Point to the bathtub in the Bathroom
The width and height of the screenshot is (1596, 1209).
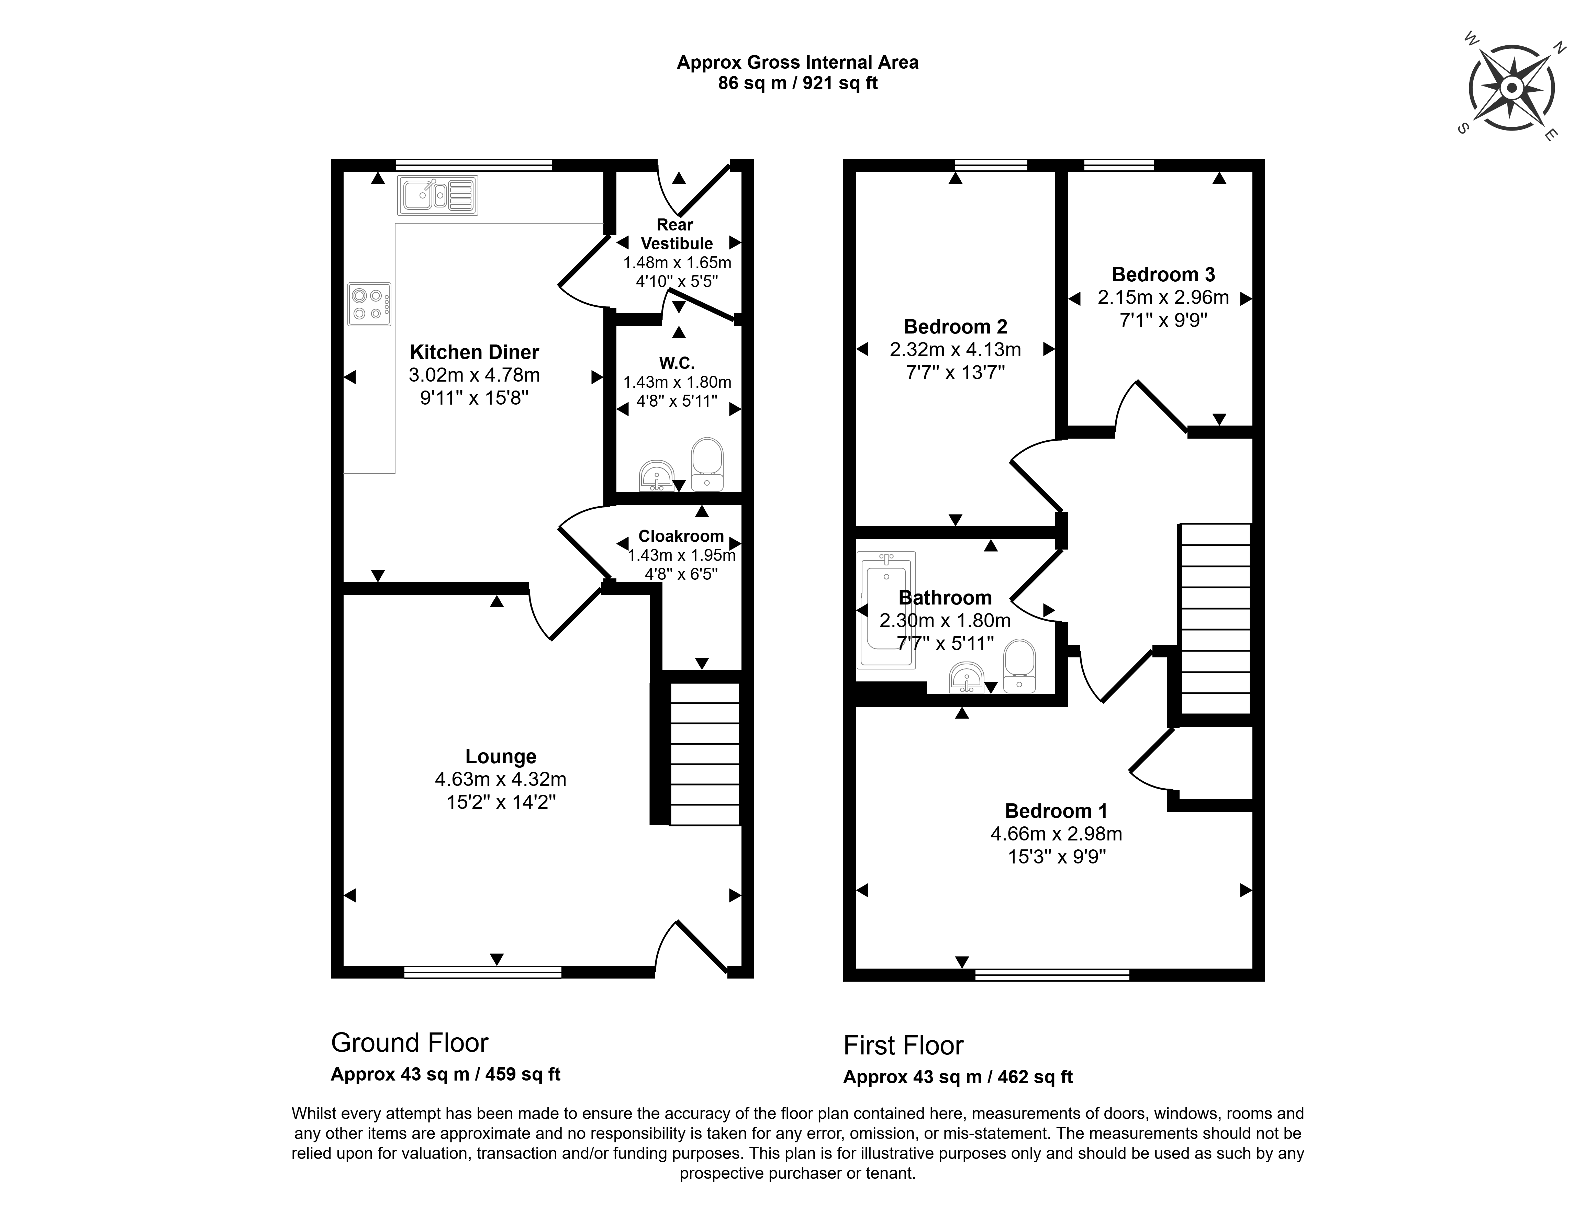886,610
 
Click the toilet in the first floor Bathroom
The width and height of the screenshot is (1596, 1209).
1019,667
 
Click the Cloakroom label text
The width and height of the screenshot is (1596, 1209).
681,537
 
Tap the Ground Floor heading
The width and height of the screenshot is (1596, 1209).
410,1042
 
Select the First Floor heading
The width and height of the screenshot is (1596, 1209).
903,1045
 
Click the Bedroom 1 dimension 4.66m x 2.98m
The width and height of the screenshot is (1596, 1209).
1056,834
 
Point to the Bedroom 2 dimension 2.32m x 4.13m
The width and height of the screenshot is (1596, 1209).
955,350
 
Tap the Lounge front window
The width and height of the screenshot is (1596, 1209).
483,972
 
